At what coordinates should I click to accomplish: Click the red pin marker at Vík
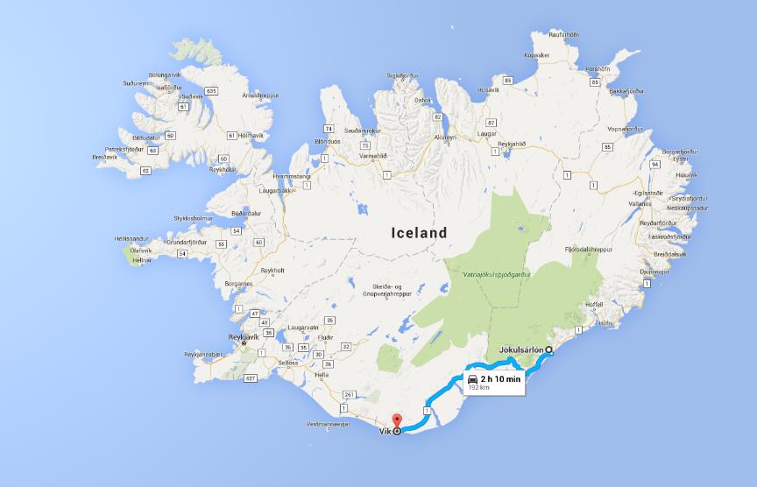click(x=395, y=422)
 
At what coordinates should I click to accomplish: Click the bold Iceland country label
click(x=419, y=233)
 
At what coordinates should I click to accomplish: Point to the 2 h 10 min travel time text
click(x=500, y=378)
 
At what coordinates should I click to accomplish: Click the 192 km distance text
click(x=478, y=386)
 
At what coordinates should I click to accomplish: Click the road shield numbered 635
click(x=211, y=91)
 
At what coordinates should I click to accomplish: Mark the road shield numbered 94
click(x=654, y=164)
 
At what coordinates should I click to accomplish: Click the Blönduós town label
click(x=329, y=141)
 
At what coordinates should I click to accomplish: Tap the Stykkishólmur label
click(x=194, y=218)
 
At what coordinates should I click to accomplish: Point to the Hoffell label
click(x=595, y=305)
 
